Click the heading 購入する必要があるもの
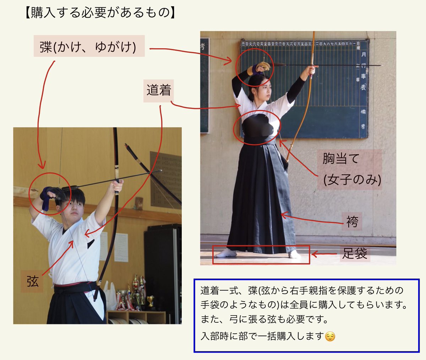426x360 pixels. pyautogui.click(x=100, y=13)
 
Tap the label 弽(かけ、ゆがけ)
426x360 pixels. pyautogui.click(x=89, y=46)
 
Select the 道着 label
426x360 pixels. pyautogui.click(x=158, y=91)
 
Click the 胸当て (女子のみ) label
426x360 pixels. pyautogui.click(x=351, y=169)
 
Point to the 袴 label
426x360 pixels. pyautogui.click(x=352, y=222)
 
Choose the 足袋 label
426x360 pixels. pyautogui.click(x=354, y=253)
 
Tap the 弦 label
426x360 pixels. pyautogui.click(x=32, y=281)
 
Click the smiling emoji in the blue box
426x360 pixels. pyautogui.click(x=330, y=336)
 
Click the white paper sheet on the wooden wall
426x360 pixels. pyautogui.click(x=121, y=247)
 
